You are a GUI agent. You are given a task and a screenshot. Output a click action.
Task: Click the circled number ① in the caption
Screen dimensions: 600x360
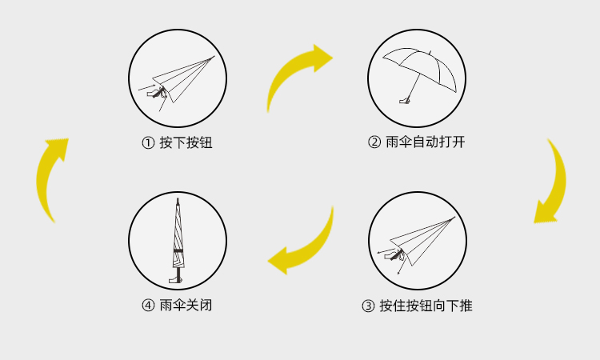(148, 143)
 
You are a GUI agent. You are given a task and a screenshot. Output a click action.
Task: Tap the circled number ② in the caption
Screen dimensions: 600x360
(374, 142)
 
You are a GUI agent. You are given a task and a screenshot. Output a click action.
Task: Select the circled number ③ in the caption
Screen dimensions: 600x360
(368, 306)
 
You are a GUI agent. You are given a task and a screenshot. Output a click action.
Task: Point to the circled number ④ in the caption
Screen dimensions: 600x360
(148, 306)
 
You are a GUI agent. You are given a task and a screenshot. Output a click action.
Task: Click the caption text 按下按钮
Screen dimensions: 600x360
(186, 142)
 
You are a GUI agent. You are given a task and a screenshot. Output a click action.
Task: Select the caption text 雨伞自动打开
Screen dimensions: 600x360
(425, 142)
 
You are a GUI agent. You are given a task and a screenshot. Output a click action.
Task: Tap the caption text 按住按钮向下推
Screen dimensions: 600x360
(426, 306)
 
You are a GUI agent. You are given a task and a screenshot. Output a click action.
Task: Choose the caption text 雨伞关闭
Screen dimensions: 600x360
(186, 306)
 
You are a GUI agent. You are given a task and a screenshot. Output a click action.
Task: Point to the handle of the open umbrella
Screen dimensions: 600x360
(405, 101)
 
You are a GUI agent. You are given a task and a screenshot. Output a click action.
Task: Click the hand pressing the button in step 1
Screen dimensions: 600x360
(156, 93)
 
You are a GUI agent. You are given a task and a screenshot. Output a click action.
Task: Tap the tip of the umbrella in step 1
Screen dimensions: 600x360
(214, 56)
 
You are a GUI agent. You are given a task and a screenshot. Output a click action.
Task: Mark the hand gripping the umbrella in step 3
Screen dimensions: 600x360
(394, 254)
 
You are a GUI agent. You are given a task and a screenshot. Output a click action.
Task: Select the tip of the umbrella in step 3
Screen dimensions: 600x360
(454, 218)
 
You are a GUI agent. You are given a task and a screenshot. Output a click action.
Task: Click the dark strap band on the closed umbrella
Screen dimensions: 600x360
(178, 250)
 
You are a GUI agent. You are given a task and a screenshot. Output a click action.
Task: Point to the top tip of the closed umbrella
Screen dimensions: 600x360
(178, 199)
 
